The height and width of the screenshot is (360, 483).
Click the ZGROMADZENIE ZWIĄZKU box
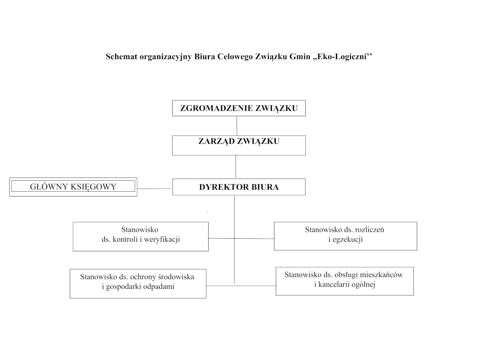pyautogui.click(x=239, y=108)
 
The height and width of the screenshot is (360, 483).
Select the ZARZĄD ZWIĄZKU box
pyautogui.click(x=239, y=145)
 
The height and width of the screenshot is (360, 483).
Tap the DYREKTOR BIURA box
pyautogui.click(x=239, y=187)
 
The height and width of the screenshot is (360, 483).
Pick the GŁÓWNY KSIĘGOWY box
pyautogui.click(x=73, y=187)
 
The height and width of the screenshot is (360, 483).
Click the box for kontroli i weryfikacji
pyautogui.click(x=141, y=236)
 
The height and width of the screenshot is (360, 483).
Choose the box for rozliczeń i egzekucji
pyautogui.click(x=345, y=236)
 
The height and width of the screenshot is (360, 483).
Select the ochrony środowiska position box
pyautogui.click(x=138, y=283)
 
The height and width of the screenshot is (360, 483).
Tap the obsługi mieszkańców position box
pyautogui.click(x=345, y=281)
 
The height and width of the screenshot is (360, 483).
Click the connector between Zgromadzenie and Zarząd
pyautogui.click(x=237, y=126)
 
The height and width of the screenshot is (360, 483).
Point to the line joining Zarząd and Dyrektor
pyautogui.click(x=236, y=167)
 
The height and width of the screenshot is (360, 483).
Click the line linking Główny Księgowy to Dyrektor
pyautogui.click(x=154, y=188)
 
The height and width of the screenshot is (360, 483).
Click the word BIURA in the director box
pyautogui.click(x=265, y=187)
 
